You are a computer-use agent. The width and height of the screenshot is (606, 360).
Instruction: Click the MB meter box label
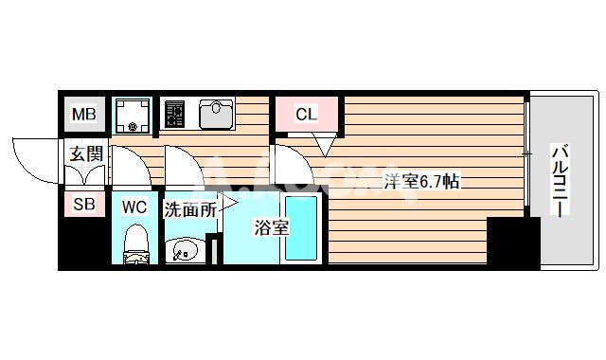click(85, 116)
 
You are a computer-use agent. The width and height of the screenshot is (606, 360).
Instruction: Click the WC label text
click(134, 206)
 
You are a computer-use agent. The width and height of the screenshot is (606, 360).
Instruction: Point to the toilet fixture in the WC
click(136, 244)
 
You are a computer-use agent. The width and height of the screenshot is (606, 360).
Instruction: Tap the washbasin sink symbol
click(183, 250)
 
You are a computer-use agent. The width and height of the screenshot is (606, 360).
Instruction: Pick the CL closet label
click(306, 115)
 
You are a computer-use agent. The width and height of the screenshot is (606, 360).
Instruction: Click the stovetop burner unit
click(175, 116)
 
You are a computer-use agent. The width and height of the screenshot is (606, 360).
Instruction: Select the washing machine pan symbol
click(132, 115)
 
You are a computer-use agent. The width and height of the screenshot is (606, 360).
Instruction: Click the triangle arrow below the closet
click(325, 146)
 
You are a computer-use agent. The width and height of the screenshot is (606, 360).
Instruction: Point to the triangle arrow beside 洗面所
click(228, 202)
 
